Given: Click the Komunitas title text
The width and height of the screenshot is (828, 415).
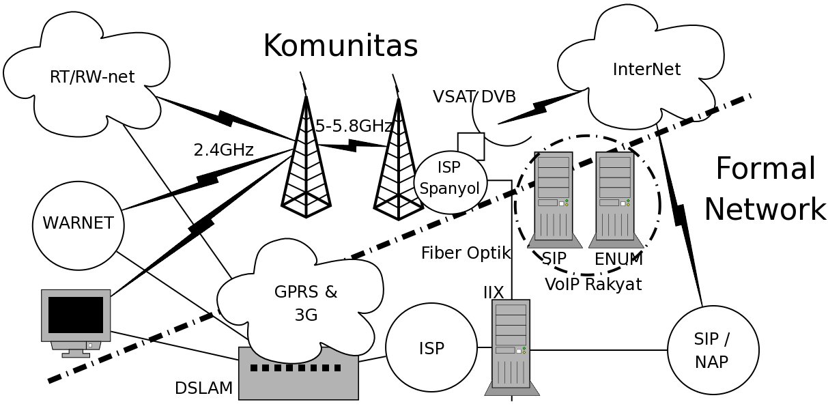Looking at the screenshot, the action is click(341, 46).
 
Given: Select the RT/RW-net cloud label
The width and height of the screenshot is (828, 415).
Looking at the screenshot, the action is click(92, 77).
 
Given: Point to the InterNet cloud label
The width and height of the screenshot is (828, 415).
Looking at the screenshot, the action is click(646, 69).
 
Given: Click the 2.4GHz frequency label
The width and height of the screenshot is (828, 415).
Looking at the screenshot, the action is click(224, 150).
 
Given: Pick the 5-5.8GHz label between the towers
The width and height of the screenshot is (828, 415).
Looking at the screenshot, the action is click(353, 126).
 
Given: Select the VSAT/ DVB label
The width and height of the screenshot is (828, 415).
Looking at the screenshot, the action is click(474, 96).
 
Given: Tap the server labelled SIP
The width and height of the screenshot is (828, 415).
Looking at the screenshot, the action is click(554, 200).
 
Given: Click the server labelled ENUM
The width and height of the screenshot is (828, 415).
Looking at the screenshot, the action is click(616, 200).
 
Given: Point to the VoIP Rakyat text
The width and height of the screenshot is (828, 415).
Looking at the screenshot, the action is click(593, 284).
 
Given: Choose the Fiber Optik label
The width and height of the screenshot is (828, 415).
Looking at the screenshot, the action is click(466, 253).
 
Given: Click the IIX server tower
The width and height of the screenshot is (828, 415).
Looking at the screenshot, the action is click(511, 347).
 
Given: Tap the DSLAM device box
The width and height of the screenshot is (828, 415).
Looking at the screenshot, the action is click(298, 373).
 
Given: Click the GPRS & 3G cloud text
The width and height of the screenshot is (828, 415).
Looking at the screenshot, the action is click(306, 303).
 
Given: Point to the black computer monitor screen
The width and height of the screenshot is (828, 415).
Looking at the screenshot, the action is click(76, 315).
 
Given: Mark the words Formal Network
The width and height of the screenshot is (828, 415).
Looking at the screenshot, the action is click(765, 188).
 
